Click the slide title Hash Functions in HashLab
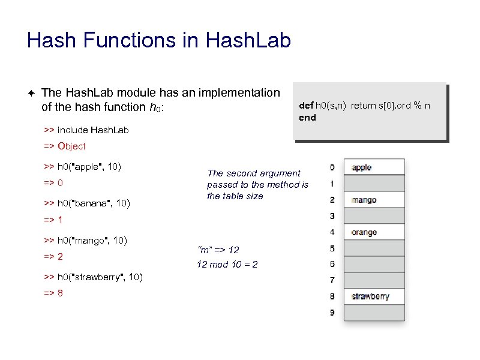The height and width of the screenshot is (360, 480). [159, 41]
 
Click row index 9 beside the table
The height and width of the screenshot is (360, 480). [332, 313]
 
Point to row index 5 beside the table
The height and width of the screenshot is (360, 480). [332, 248]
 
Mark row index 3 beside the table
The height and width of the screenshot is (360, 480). [332, 216]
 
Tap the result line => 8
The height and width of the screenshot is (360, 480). [53, 293]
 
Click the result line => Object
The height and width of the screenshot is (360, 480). [65, 146]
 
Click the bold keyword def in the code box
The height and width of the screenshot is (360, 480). [306, 106]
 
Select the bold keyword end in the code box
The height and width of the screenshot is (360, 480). [307, 118]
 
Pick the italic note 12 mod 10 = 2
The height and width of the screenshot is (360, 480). [227, 264]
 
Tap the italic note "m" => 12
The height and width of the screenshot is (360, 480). [218, 250]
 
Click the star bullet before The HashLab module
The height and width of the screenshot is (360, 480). [31, 93]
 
